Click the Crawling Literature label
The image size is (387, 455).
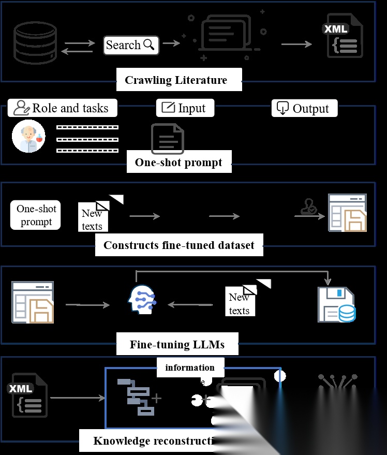176,80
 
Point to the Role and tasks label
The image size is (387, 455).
63,108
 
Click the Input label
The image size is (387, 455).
185,108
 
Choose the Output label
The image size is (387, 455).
304,108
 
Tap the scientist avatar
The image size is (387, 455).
28,137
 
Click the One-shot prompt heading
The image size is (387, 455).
178,163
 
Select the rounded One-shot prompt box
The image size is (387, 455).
36,215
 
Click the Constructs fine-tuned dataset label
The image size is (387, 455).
179,245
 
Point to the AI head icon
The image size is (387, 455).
140,299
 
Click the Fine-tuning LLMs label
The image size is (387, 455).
177,344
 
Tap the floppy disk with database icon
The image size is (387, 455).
336,305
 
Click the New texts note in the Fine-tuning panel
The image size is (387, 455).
241,303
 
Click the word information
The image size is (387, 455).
190,368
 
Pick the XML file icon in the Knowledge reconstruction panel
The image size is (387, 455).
28,395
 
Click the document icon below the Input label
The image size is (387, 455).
167,139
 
